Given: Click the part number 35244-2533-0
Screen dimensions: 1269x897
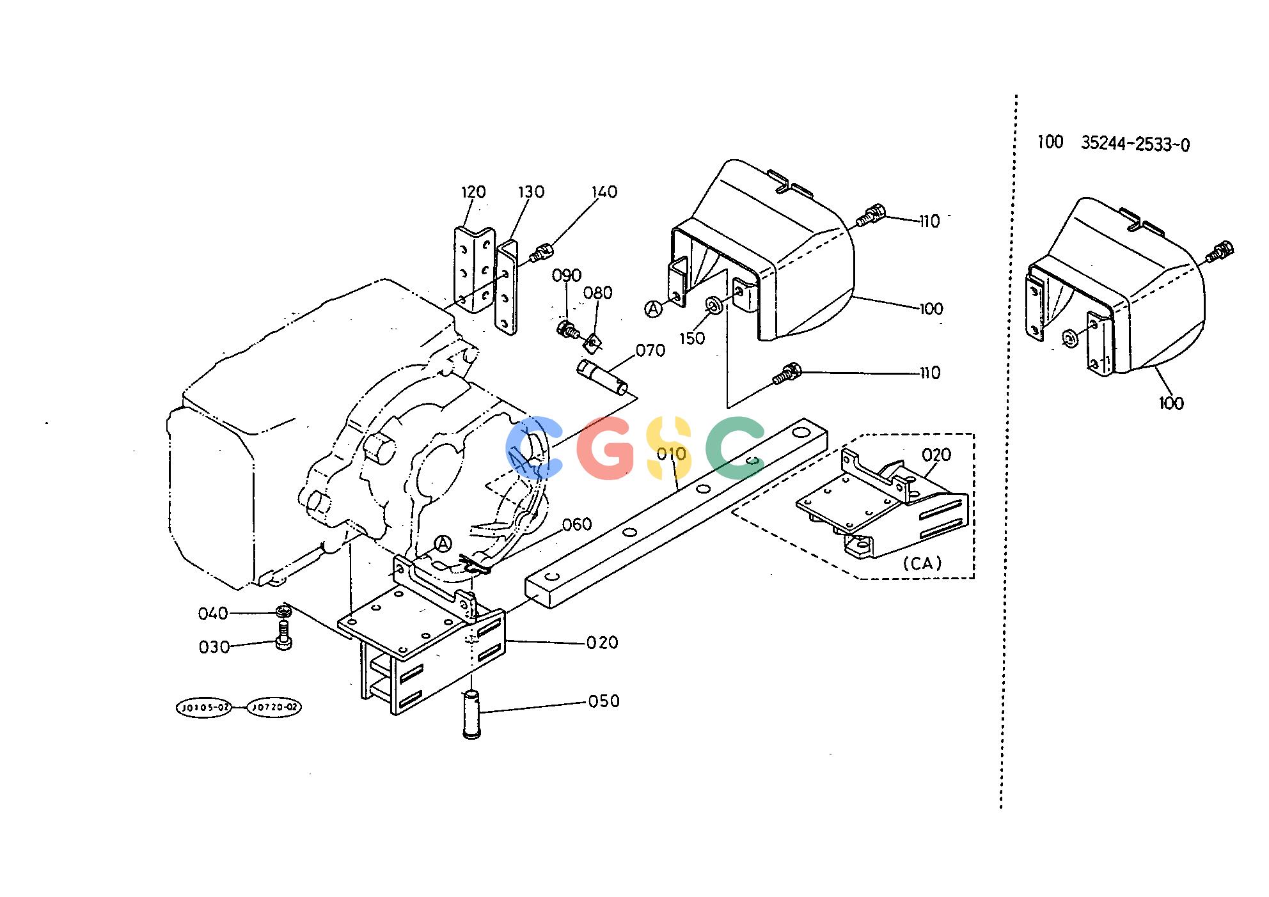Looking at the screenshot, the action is [x=1135, y=144].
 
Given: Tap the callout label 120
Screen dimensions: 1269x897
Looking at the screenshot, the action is [x=473, y=192].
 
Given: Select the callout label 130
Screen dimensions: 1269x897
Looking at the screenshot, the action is [x=531, y=192].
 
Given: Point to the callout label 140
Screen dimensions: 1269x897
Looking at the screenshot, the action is [x=604, y=192].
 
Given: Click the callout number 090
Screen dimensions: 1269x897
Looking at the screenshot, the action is [x=567, y=276].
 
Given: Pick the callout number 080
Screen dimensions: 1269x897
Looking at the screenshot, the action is [x=598, y=293].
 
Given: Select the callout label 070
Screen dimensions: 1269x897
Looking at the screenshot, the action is [x=650, y=350].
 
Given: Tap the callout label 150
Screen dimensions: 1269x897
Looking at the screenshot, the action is [x=692, y=338].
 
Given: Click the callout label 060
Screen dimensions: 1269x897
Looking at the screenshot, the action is [x=577, y=524].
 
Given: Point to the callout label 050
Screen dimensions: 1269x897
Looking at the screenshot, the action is [x=604, y=701].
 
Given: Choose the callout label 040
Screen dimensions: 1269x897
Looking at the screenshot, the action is [x=213, y=614].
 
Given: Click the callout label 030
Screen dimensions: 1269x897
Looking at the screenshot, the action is [x=214, y=648].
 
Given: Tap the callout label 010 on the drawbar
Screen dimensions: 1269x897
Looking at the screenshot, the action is [x=672, y=454].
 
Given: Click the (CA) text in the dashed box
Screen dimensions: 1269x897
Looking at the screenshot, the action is [x=923, y=563].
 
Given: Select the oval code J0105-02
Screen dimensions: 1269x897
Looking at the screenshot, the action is [x=203, y=708].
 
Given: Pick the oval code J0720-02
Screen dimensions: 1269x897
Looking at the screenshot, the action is [x=274, y=708].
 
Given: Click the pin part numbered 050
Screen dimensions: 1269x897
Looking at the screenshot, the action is [x=471, y=714].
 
